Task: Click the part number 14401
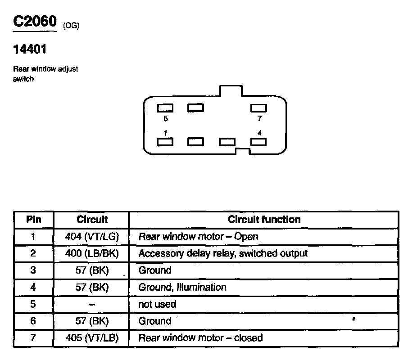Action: click(30, 49)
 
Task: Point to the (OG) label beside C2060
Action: click(71, 26)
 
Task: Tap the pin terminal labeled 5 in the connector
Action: click(165, 108)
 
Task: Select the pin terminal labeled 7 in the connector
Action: click(258, 108)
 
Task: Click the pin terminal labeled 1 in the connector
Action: click(165, 142)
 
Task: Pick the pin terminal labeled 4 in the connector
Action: click(258, 142)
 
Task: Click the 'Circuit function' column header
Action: click(264, 220)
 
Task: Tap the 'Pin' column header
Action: click(33, 220)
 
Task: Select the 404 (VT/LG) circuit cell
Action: click(92, 236)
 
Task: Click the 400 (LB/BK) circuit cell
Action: click(92, 253)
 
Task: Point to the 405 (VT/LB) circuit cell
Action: click(92, 338)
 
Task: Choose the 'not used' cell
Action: click(157, 304)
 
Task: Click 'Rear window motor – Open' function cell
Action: click(198, 236)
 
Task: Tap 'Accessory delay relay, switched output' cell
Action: click(223, 253)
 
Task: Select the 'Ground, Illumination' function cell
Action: click(182, 287)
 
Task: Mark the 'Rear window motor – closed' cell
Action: click(200, 338)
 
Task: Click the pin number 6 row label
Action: click(33, 321)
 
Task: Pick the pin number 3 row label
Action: click(33, 270)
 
